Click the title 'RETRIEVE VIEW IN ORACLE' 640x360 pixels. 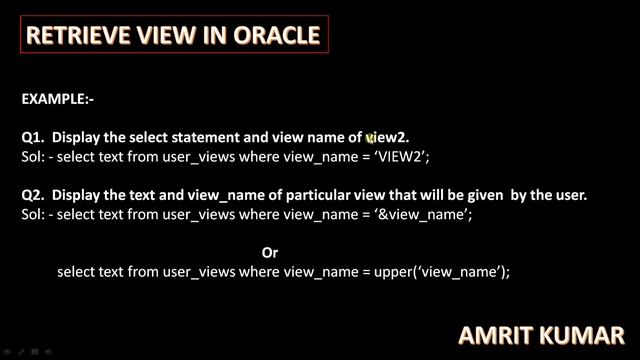(173, 36)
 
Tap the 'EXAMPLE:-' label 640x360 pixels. (57, 99)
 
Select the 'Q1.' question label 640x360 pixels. (33, 137)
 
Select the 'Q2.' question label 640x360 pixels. (33, 195)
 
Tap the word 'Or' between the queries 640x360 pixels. (269, 253)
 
